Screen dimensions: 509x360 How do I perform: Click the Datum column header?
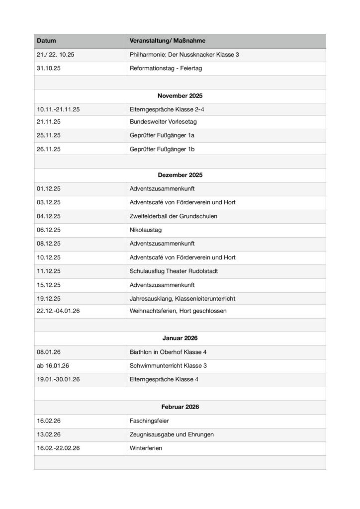point(46,40)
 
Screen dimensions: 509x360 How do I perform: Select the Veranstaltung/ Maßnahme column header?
point(167,40)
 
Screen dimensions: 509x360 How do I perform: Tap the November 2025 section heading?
point(180,95)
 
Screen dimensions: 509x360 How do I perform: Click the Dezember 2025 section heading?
point(180,175)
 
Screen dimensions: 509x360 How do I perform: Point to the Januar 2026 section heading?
point(180,338)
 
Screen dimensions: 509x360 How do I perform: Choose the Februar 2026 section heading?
point(180,407)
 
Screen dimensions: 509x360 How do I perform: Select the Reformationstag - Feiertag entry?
point(166,68)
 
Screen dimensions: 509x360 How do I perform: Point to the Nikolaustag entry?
point(145,230)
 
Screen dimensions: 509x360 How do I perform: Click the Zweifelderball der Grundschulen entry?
point(173,216)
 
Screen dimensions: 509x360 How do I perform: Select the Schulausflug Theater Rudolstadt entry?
point(173,271)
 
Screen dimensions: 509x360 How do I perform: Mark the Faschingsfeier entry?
point(149,421)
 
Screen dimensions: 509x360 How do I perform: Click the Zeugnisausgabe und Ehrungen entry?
point(172,434)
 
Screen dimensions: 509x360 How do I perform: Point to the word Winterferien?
point(146,448)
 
